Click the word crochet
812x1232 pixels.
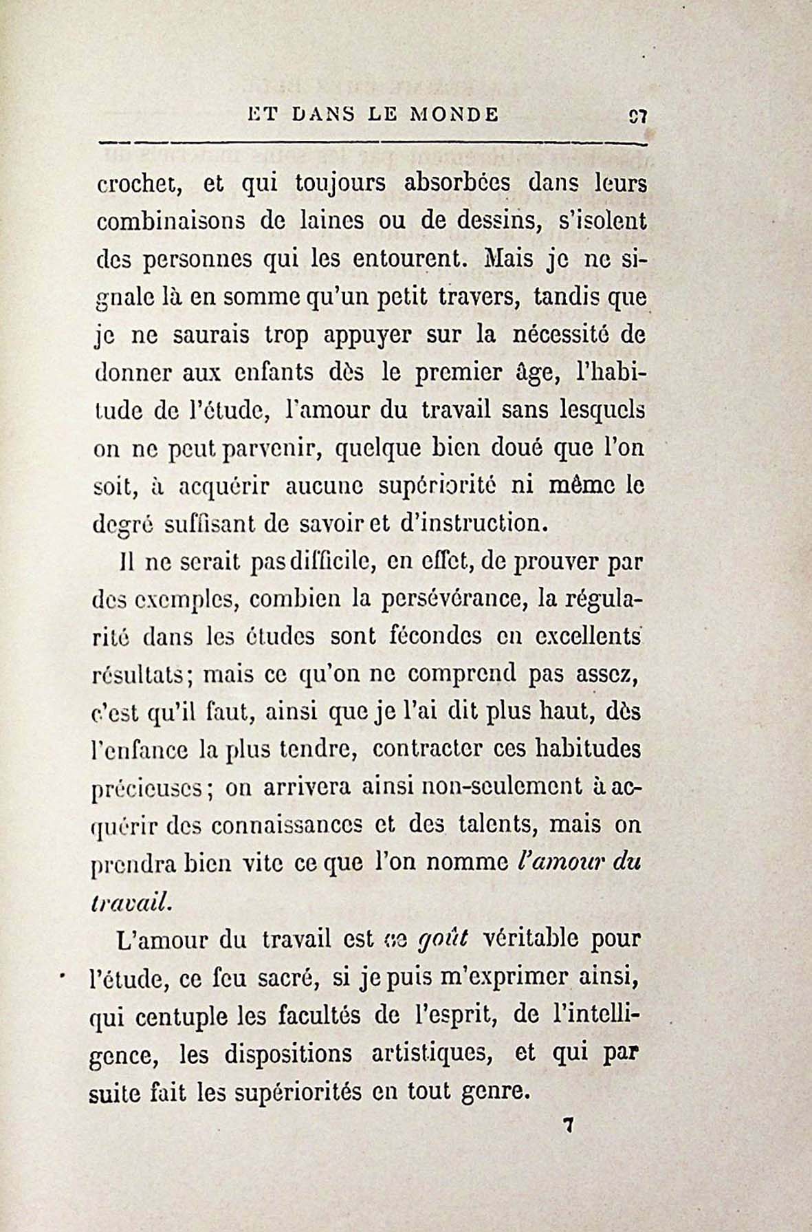[138, 186]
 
